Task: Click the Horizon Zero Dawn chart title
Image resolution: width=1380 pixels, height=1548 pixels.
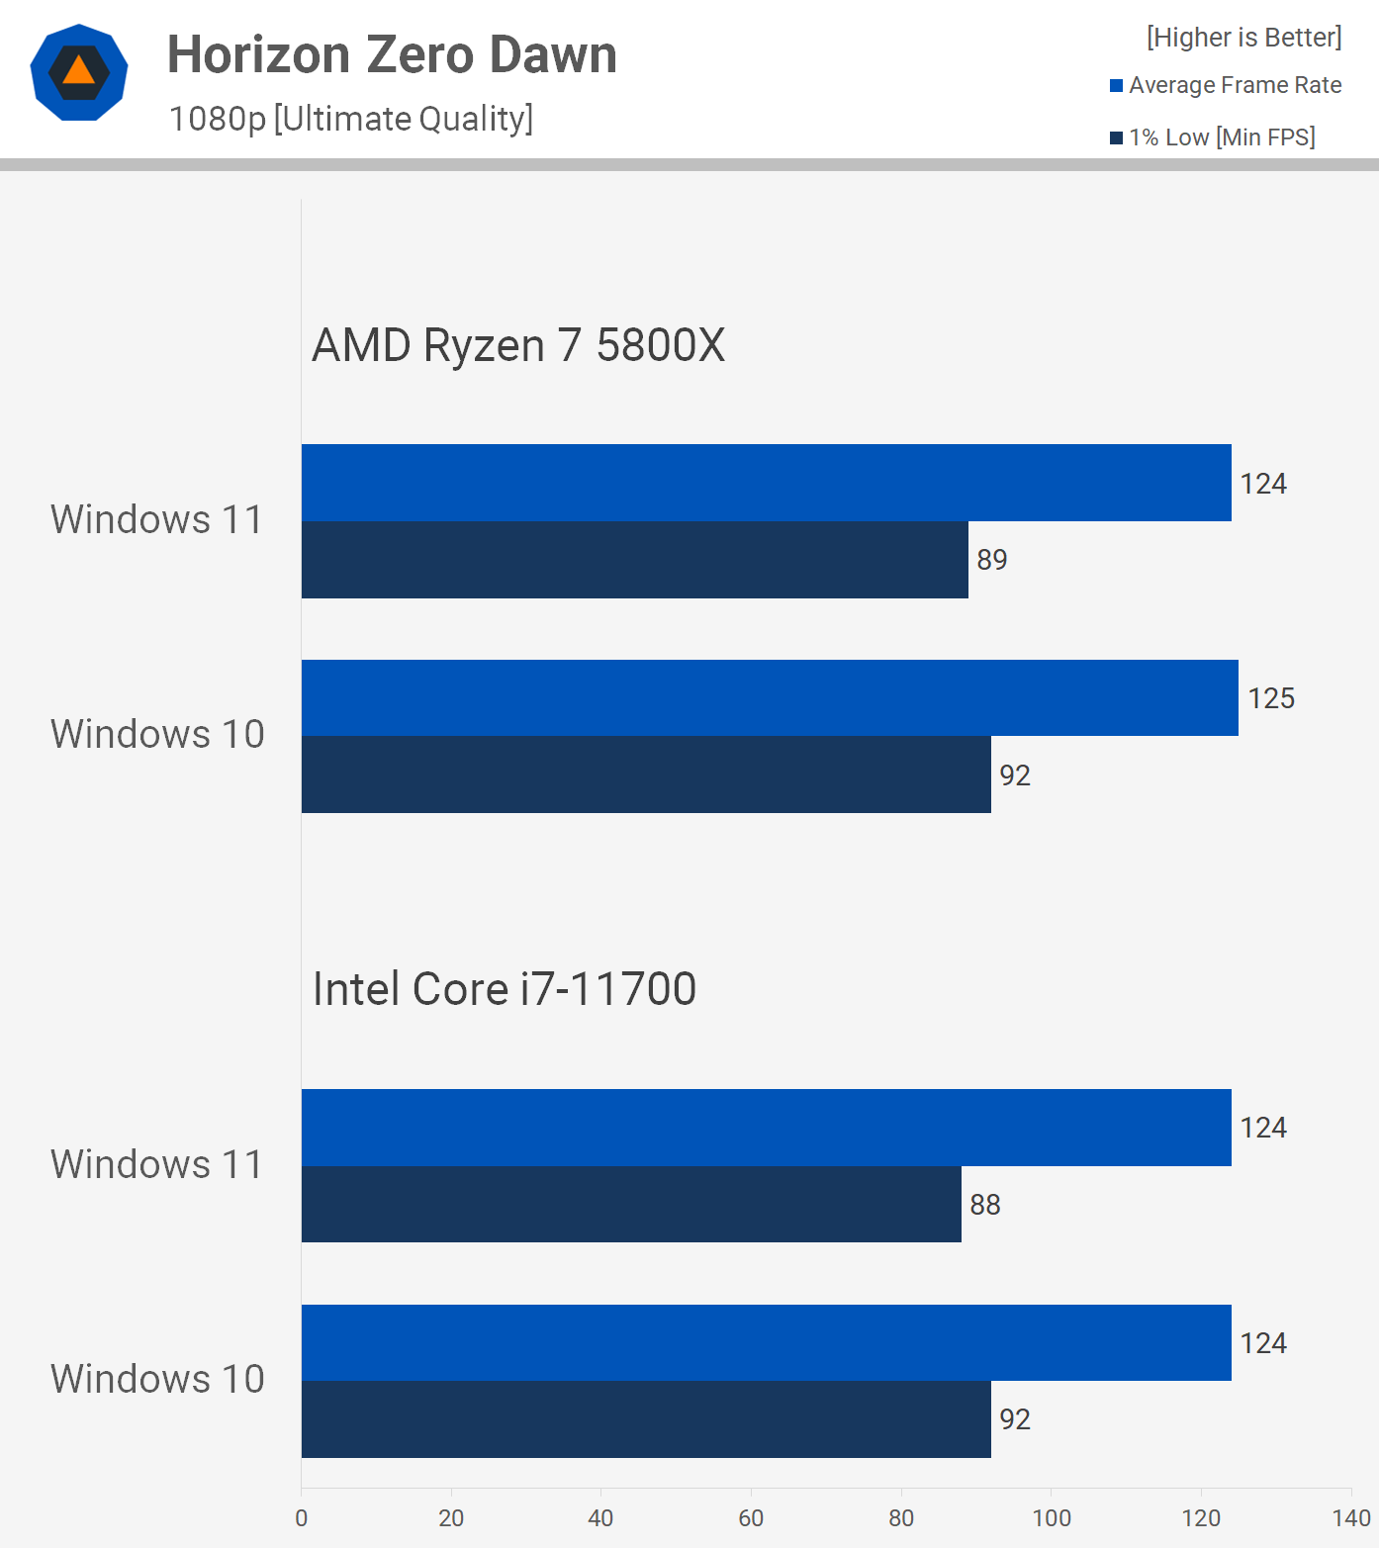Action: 392,54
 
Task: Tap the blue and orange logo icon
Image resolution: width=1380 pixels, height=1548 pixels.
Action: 79,72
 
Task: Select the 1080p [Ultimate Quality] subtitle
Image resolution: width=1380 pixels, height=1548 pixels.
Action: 351,119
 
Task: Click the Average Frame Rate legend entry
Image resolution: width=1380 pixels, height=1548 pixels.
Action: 1226,85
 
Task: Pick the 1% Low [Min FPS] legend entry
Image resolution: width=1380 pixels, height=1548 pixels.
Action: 1213,137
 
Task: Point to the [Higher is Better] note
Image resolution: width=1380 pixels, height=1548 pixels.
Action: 1243,38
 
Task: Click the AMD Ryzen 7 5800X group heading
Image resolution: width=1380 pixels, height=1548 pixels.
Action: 518,345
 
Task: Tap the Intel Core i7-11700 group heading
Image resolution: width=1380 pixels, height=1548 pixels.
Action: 505,989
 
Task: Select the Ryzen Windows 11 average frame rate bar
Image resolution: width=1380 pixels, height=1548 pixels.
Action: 766,483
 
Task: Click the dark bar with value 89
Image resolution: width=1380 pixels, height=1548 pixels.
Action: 634,560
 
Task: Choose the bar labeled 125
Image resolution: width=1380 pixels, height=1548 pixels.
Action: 770,698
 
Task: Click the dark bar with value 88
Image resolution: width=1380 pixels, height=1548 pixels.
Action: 631,1205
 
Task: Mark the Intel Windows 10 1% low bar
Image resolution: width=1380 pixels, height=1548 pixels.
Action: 646,1419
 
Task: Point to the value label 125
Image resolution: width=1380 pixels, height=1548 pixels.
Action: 1271,698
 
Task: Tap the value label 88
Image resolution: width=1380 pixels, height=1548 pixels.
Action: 985,1205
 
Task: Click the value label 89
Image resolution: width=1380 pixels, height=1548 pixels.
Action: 992,560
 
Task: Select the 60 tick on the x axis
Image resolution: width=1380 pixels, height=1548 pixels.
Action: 751,1518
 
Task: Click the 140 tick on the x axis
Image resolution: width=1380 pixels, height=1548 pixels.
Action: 1351,1518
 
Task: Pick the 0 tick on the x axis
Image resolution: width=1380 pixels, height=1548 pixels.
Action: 302,1518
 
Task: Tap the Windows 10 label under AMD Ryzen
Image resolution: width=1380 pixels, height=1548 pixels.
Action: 157,735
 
